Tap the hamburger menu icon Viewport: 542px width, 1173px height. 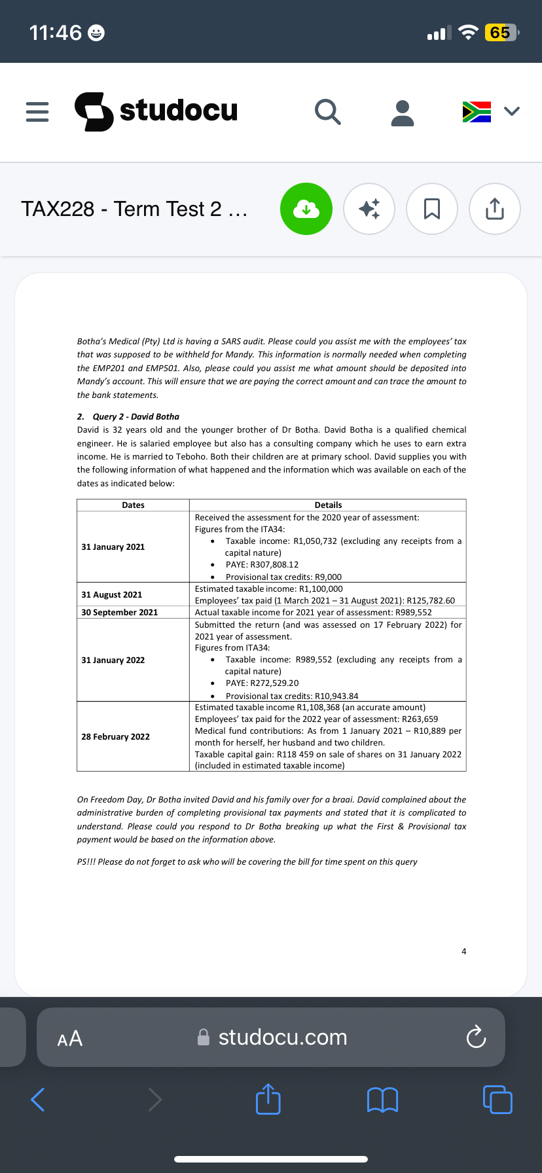click(x=37, y=112)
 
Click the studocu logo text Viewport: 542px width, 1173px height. click(x=178, y=110)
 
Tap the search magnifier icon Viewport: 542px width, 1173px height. click(x=327, y=112)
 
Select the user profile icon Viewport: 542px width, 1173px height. click(x=402, y=113)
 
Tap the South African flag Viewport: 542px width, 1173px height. click(x=477, y=111)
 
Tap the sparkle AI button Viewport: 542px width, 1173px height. click(x=369, y=209)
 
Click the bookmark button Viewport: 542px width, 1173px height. click(x=432, y=209)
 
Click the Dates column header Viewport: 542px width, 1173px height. click(x=133, y=505)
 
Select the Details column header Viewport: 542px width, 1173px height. click(x=328, y=505)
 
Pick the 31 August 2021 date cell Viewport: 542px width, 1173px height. click(x=112, y=594)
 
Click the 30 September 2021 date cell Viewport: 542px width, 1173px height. click(x=120, y=612)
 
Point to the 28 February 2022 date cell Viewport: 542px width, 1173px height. click(x=116, y=736)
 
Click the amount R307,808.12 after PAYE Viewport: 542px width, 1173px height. click(x=274, y=564)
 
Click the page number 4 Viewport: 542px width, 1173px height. click(x=464, y=951)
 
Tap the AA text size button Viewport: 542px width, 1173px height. click(x=70, y=1038)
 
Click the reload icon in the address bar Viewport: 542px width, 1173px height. click(x=476, y=1038)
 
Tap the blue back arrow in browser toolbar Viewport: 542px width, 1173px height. click(x=38, y=1099)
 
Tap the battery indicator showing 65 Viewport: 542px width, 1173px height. click(x=500, y=33)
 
